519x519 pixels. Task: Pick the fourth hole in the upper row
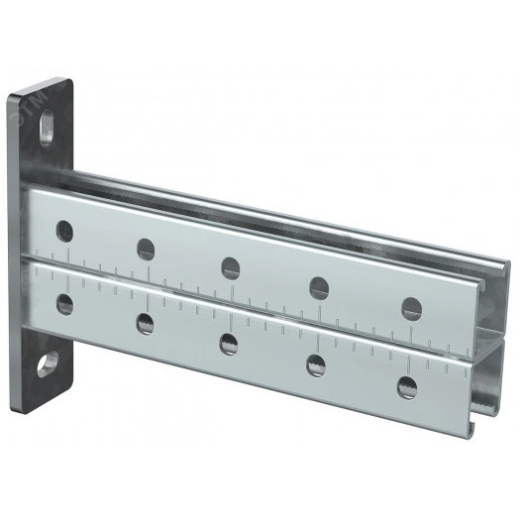(319, 287)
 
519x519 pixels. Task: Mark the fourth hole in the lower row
(318, 363)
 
